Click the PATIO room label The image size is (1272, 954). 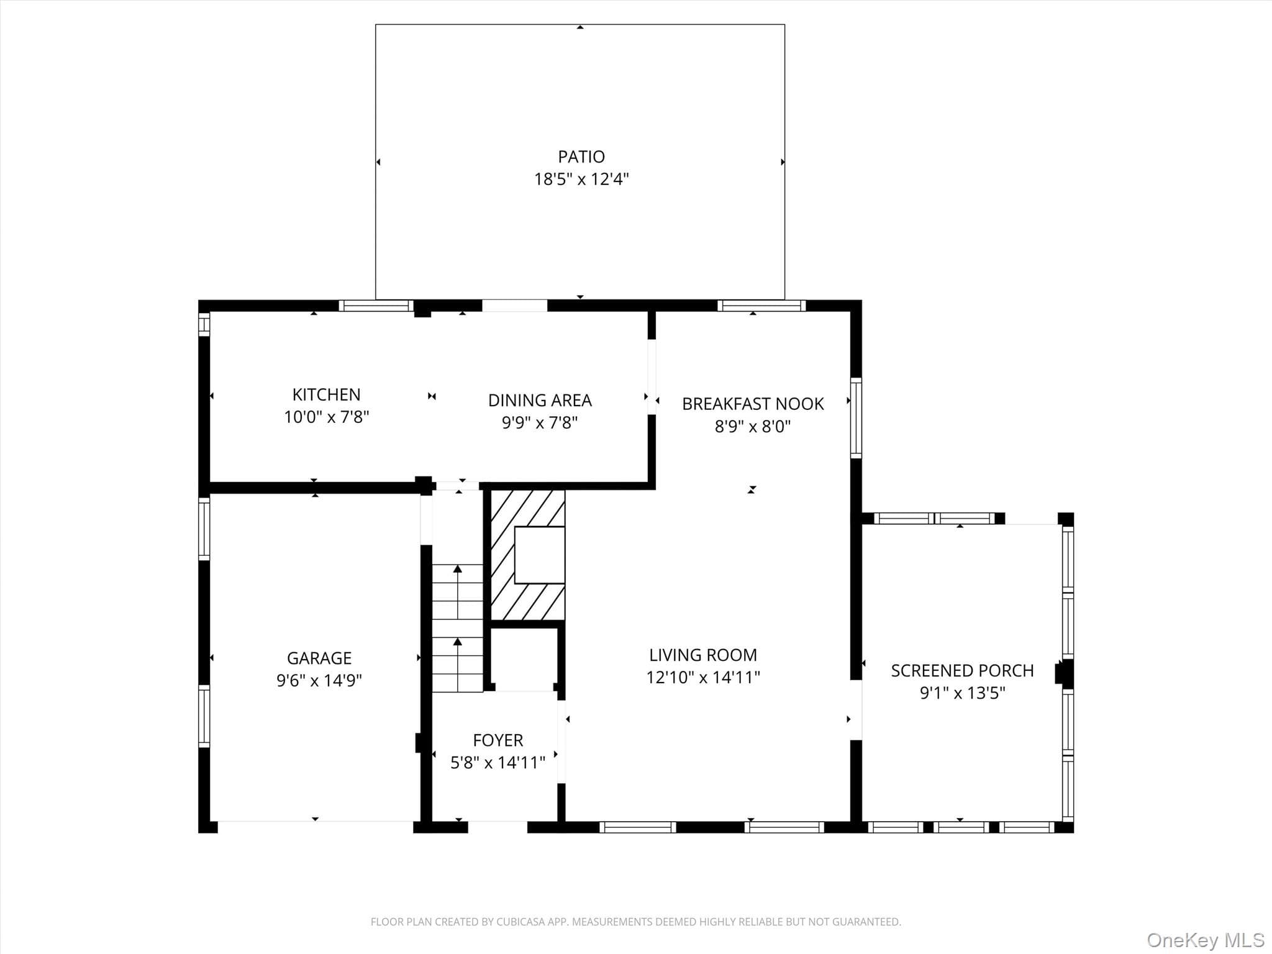(581, 157)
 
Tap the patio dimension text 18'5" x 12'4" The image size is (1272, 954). (581, 179)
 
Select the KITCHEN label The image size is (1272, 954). (326, 394)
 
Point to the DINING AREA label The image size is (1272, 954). (540, 401)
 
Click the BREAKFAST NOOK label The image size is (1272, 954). (753, 404)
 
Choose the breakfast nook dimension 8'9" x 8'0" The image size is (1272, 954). (753, 427)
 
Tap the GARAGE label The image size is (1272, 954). (319, 658)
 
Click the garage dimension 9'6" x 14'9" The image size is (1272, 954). (319, 681)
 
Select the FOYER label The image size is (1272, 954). (498, 740)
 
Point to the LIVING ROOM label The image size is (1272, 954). (703, 655)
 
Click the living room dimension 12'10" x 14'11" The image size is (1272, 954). (703, 678)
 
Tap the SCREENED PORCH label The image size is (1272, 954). (962, 671)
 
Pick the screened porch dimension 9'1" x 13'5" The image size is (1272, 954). (962, 693)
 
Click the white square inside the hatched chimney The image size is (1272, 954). (540, 555)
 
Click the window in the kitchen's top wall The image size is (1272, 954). (376, 306)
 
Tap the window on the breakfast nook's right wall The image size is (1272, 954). (856, 418)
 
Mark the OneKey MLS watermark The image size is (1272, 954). (1206, 940)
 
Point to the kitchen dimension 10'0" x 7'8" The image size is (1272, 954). (326, 417)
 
